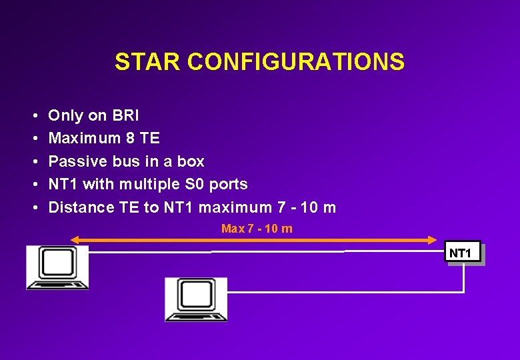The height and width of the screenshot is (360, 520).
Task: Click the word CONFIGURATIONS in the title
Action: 295,62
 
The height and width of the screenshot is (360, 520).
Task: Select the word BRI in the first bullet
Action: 125,116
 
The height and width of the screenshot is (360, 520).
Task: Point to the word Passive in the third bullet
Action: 74,161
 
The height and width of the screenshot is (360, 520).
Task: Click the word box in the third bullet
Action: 191,161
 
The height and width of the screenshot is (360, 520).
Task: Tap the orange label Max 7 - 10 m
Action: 257,229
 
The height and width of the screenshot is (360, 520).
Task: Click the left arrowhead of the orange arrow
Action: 75,239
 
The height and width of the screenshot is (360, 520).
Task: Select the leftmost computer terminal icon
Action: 57,267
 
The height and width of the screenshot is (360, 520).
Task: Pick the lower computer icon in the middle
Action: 196,299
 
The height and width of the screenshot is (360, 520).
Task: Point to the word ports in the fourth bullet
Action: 229,185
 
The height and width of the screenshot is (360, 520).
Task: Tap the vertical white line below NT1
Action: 463,279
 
